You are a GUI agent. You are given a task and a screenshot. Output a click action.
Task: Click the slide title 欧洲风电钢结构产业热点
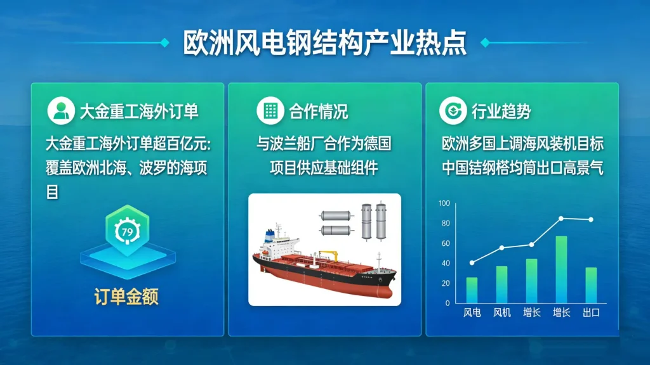tap(325, 42)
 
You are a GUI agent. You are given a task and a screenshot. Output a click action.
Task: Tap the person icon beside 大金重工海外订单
tap(61, 111)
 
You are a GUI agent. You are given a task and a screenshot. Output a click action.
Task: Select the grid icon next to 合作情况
tap(270, 111)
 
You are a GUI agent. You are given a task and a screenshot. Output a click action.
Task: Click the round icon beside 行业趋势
tap(453, 111)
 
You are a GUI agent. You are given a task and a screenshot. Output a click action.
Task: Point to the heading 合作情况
tap(319, 112)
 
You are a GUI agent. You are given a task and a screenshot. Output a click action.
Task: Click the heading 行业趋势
tap(501, 112)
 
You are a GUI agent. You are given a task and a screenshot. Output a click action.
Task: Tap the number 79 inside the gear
tap(127, 232)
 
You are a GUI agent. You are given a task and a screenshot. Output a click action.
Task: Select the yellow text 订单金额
tap(126, 297)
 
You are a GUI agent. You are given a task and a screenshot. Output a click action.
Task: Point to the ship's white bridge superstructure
tap(279, 245)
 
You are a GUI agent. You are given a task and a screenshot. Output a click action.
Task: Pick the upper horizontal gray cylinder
tap(336, 215)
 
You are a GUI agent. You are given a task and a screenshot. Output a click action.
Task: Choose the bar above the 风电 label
tap(472, 290)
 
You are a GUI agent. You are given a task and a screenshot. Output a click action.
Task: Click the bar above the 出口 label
tap(591, 285)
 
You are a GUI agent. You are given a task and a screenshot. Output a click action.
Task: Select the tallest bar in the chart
tap(561, 269)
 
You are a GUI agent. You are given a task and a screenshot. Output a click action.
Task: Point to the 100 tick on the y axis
tap(444, 203)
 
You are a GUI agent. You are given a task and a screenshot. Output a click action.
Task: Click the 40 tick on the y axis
tap(446, 263)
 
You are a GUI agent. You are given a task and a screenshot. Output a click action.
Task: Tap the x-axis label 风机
tap(501, 313)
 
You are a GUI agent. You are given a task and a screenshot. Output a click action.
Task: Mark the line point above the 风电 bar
tap(472, 263)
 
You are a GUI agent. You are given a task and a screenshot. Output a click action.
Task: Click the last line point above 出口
tap(591, 220)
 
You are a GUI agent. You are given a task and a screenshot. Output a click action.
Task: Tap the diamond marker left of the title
tap(165, 42)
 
